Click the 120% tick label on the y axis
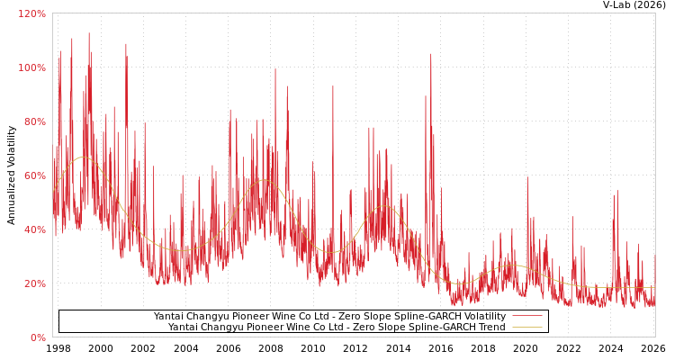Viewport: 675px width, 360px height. click(31, 13)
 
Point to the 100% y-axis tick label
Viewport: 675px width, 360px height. click(31, 67)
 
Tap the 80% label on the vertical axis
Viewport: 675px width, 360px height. click(34, 121)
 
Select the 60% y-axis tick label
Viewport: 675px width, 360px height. click(34, 175)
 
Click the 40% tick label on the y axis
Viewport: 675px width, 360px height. click(34, 229)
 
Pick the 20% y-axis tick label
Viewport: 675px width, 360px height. click(34, 283)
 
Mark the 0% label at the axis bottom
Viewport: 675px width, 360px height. click(37, 337)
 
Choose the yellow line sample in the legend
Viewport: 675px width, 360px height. click(526, 328)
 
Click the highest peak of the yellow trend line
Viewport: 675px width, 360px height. click(84, 157)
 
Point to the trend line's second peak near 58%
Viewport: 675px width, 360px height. click(264, 180)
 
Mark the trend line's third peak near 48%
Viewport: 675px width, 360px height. click(384, 206)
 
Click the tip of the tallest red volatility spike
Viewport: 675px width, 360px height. click(88, 33)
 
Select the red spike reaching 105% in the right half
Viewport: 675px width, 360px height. click(430, 54)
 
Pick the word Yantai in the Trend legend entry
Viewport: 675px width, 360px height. click(184, 328)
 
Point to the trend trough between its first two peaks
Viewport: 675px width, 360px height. click(179, 250)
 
